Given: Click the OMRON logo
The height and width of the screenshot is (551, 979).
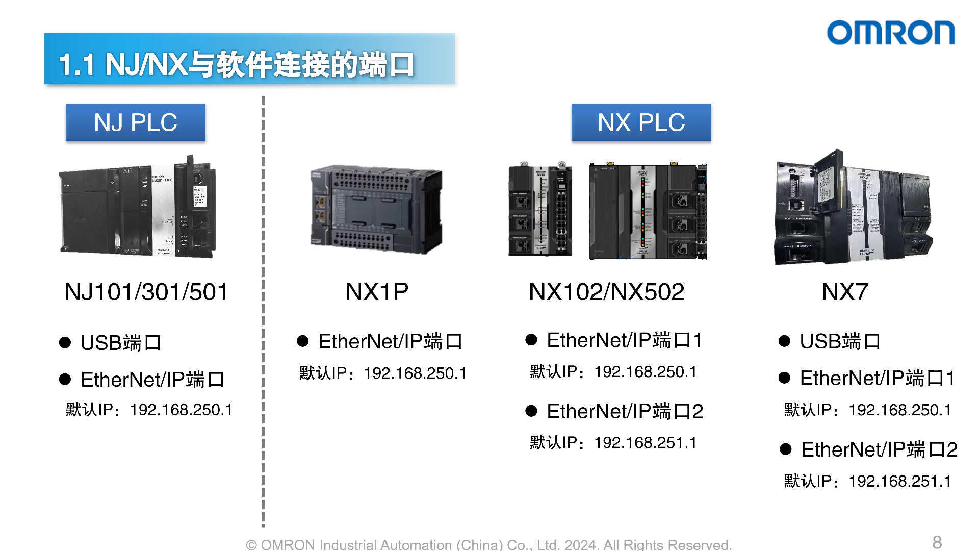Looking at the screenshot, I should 890,33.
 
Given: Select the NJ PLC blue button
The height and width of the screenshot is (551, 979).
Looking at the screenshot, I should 136,123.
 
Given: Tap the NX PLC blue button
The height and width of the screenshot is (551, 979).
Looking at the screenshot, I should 641,123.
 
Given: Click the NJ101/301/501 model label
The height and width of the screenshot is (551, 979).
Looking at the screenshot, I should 146,292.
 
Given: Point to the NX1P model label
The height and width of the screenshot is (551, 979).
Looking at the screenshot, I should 377,292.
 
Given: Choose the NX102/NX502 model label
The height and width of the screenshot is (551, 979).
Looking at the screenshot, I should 606,292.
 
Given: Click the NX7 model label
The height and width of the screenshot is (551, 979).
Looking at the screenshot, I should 844,292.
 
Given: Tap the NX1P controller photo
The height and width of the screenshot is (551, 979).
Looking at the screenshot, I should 376,209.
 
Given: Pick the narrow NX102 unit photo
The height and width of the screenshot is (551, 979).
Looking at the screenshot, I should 540,210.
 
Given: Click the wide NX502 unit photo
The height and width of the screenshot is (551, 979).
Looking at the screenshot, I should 648,211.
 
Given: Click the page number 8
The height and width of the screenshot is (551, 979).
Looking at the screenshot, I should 937,542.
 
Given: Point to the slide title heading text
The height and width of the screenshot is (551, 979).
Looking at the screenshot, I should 236,65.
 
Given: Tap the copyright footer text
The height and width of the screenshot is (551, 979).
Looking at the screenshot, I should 488,545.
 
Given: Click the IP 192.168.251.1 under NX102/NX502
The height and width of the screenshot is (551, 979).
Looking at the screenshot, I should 645,443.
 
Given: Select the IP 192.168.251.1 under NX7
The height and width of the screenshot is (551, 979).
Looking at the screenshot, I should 899,481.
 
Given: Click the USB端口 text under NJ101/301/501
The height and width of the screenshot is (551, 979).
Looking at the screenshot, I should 121,343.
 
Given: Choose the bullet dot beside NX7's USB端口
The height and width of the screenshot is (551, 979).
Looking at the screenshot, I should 784,341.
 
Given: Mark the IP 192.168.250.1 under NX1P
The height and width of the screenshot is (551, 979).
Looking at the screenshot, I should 415,373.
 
